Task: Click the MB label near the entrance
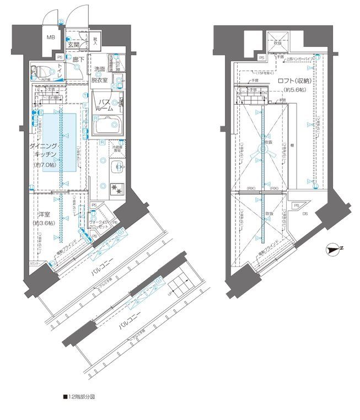pyautogui.click(x=50, y=37)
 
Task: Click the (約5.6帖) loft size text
pyautogui.click(x=295, y=90)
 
